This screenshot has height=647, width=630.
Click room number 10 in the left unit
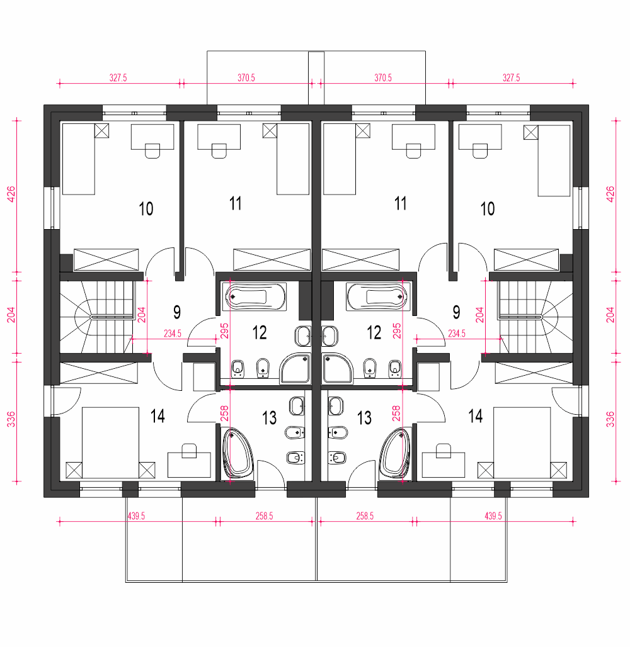(x=146, y=209)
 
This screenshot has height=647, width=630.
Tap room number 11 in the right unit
(x=400, y=203)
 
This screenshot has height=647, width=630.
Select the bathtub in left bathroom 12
(x=255, y=296)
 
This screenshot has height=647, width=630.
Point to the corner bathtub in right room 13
(x=394, y=454)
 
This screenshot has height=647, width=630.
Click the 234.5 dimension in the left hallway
(x=173, y=334)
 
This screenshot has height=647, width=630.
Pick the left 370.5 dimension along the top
(x=246, y=77)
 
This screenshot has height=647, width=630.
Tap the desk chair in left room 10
(x=152, y=150)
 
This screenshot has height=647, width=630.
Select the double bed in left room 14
(x=110, y=443)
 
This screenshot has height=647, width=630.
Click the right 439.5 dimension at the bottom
(x=493, y=516)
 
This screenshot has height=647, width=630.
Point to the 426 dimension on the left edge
(x=11, y=194)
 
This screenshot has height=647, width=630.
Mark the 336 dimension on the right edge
(x=610, y=419)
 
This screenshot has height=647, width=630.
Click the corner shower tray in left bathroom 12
(x=295, y=368)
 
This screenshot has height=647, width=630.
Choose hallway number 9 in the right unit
(x=456, y=312)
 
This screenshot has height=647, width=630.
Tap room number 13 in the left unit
(x=270, y=418)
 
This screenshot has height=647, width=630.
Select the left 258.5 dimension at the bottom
(x=265, y=516)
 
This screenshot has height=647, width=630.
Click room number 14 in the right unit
(x=476, y=417)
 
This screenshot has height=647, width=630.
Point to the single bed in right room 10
(x=554, y=160)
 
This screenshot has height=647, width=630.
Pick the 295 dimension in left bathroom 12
(x=224, y=331)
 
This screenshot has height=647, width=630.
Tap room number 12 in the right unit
(x=374, y=332)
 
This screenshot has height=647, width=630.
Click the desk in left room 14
(x=189, y=465)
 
